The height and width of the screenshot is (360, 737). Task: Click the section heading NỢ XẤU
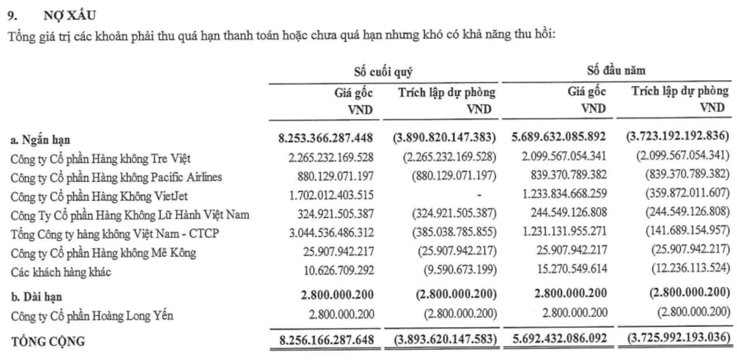click(x=70, y=16)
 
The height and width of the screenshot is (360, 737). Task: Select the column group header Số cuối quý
click(x=383, y=72)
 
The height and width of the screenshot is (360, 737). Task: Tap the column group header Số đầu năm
click(x=616, y=71)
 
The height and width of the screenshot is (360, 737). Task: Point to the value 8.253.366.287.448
click(x=326, y=138)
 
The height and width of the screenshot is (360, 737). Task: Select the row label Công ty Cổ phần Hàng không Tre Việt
click(x=101, y=158)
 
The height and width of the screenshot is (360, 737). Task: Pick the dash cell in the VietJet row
click(x=479, y=196)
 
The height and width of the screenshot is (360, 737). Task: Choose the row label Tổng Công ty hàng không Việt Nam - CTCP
click(x=115, y=234)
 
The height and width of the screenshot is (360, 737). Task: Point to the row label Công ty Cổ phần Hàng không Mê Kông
click(x=104, y=253)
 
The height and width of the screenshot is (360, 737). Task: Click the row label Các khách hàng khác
click(x=60, y=272)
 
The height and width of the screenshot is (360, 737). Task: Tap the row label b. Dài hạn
click(x=37, y=297)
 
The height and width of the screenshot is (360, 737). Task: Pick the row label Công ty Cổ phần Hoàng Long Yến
click(x=92, y=316)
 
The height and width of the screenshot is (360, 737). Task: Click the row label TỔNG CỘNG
click(x=48, y=341)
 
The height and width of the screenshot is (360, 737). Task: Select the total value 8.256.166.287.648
click(x=326, y=339)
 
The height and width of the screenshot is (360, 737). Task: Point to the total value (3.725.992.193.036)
click(x=674, y=338)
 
